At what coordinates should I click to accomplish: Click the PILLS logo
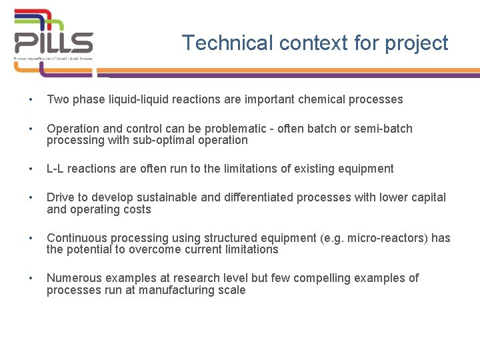click(x=54, y=37)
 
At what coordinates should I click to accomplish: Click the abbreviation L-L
click(x=55, y=169)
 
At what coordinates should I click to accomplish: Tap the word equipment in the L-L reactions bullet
click(x=366, y=169)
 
